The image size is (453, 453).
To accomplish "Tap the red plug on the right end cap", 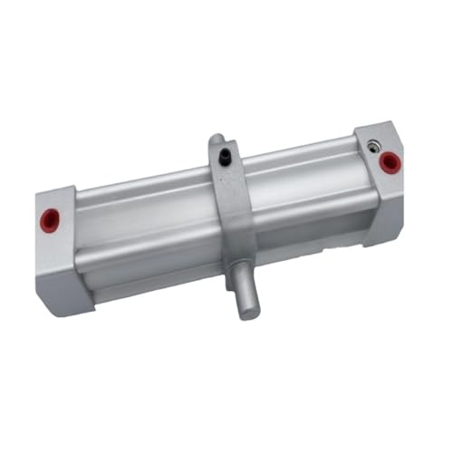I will click(390, 162).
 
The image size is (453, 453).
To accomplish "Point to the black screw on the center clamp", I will click(222, 158).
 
